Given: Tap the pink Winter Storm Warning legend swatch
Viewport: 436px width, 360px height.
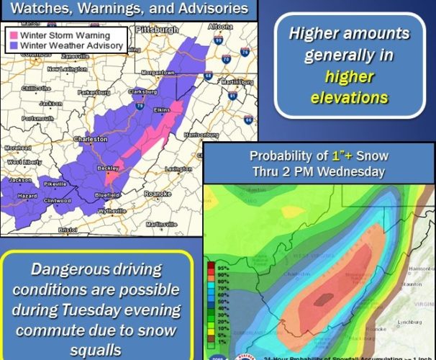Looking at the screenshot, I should (x=12, y=35).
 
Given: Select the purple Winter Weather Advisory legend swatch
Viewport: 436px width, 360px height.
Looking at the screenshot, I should (x=12, y=45).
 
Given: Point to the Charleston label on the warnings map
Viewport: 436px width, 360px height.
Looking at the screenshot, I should (x=92, y=139).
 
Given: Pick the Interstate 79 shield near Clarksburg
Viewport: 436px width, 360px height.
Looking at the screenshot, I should (x=137, y=105).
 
